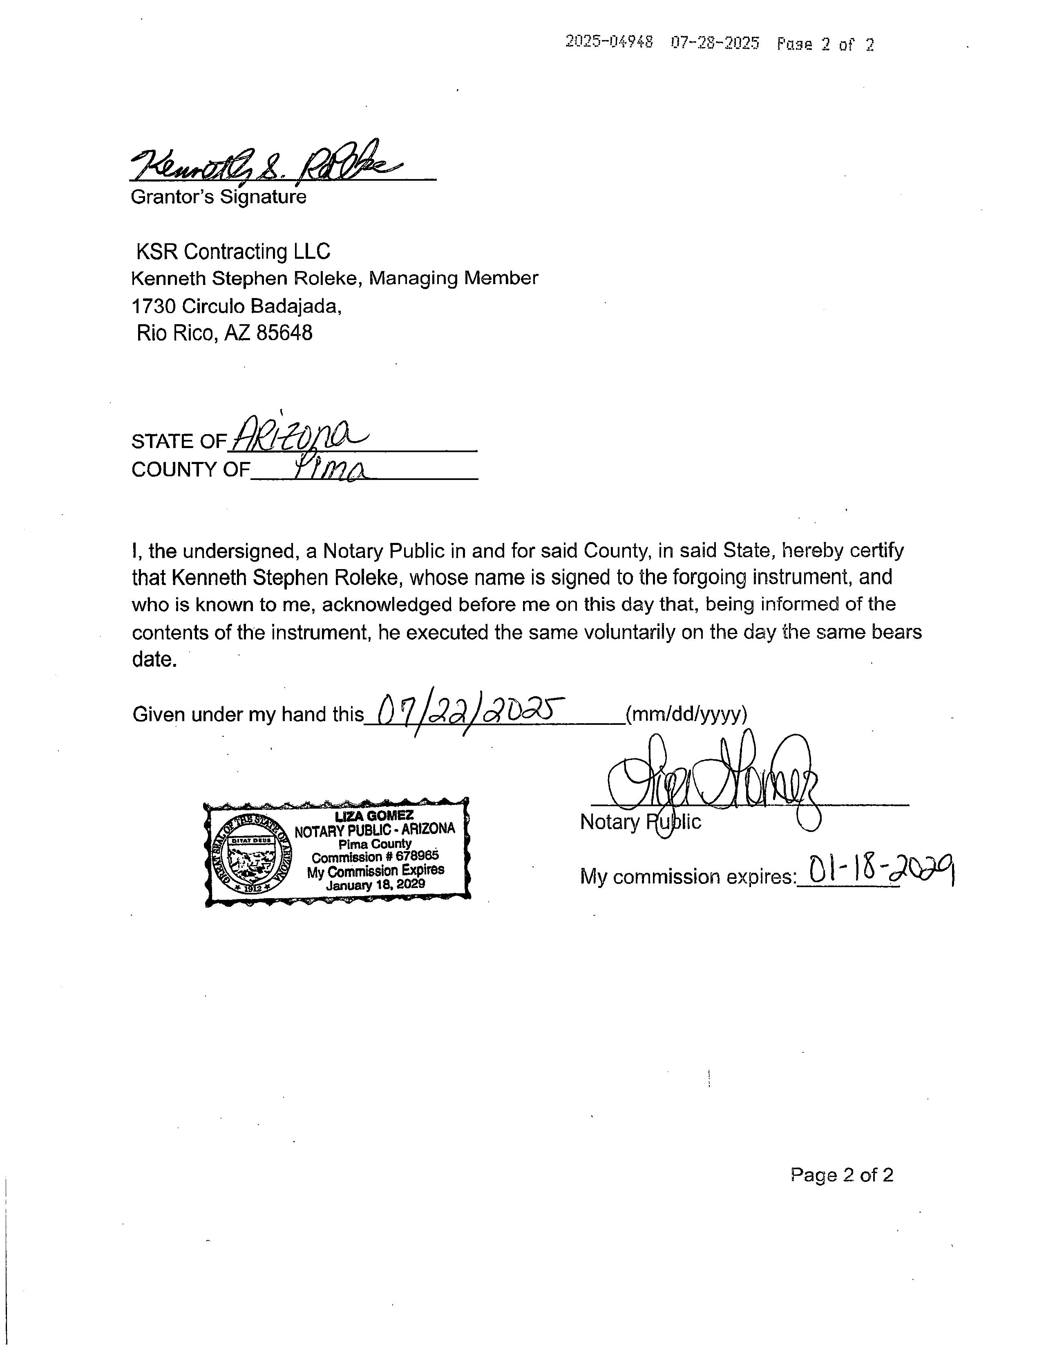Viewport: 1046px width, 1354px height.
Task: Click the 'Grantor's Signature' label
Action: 218,197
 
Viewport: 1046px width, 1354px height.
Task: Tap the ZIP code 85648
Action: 284,333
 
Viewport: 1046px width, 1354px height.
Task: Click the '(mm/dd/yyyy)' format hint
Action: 686,714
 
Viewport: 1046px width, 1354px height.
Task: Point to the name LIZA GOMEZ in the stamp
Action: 374,816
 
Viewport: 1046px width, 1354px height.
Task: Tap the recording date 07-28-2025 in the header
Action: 715,43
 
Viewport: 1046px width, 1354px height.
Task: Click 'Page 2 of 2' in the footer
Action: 842,1175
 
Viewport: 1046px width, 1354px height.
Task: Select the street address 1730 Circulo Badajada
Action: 236,306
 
